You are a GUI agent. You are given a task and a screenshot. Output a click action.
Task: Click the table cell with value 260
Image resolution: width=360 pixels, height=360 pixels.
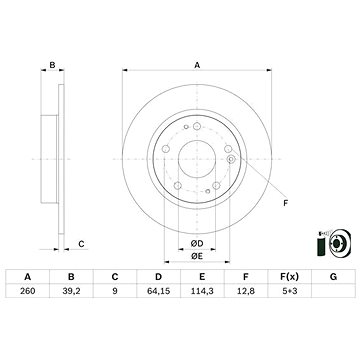[x=28, y=291]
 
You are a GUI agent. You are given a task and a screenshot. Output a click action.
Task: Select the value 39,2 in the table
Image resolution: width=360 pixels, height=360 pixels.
[x=71, y=291]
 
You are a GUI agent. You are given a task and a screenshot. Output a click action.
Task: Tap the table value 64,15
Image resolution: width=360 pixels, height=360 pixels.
[x=159, y=291]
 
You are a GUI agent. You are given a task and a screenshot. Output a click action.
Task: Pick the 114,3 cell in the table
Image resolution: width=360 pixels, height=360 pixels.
[x=202, y=291]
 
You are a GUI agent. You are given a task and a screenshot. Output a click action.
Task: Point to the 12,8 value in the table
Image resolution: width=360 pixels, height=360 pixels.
[x=246, y=291]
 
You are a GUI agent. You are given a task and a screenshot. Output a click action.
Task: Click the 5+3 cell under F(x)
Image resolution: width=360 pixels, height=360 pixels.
[x=289, y=291]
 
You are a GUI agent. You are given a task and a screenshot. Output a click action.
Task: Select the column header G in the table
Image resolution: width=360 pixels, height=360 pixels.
[x=333, y=277]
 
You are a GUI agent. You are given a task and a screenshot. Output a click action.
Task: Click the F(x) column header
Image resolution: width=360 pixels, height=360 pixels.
[x=289, y=277]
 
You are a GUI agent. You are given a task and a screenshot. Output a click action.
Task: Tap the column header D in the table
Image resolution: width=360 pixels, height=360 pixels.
[x=159, y=277]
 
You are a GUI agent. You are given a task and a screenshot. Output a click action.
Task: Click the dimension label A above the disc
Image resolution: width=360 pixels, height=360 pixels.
[x=197, y=65]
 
